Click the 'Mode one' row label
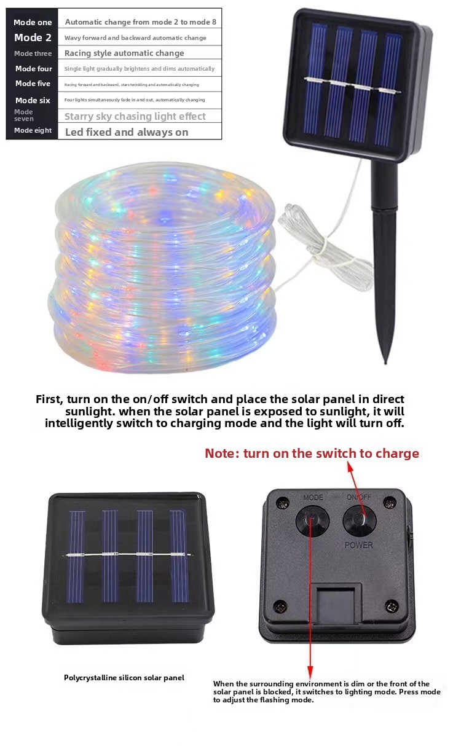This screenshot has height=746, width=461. tap(33, 22)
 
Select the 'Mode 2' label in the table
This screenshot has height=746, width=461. tap(33, 37)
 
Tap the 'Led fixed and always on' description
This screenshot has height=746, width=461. tap(127, 132)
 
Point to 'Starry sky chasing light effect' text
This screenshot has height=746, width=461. tap(135, 116)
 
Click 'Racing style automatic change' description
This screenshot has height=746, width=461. tap(124, 53)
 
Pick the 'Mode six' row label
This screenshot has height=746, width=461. tap(33, 100)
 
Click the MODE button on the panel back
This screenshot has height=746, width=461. tap(312, 521)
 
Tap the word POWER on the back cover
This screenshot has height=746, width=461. tap(359, 545)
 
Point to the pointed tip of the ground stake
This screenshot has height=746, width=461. tap(386, 363)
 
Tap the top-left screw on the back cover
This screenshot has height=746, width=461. tap(283, 503)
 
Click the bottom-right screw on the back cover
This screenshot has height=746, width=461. tap(392, 606)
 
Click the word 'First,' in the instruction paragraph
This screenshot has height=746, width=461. tap(49, 399)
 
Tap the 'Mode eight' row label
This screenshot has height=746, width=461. tap(33, 130)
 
